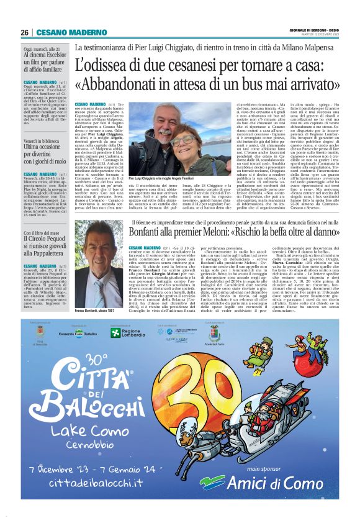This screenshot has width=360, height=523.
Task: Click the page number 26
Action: [24, 32]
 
